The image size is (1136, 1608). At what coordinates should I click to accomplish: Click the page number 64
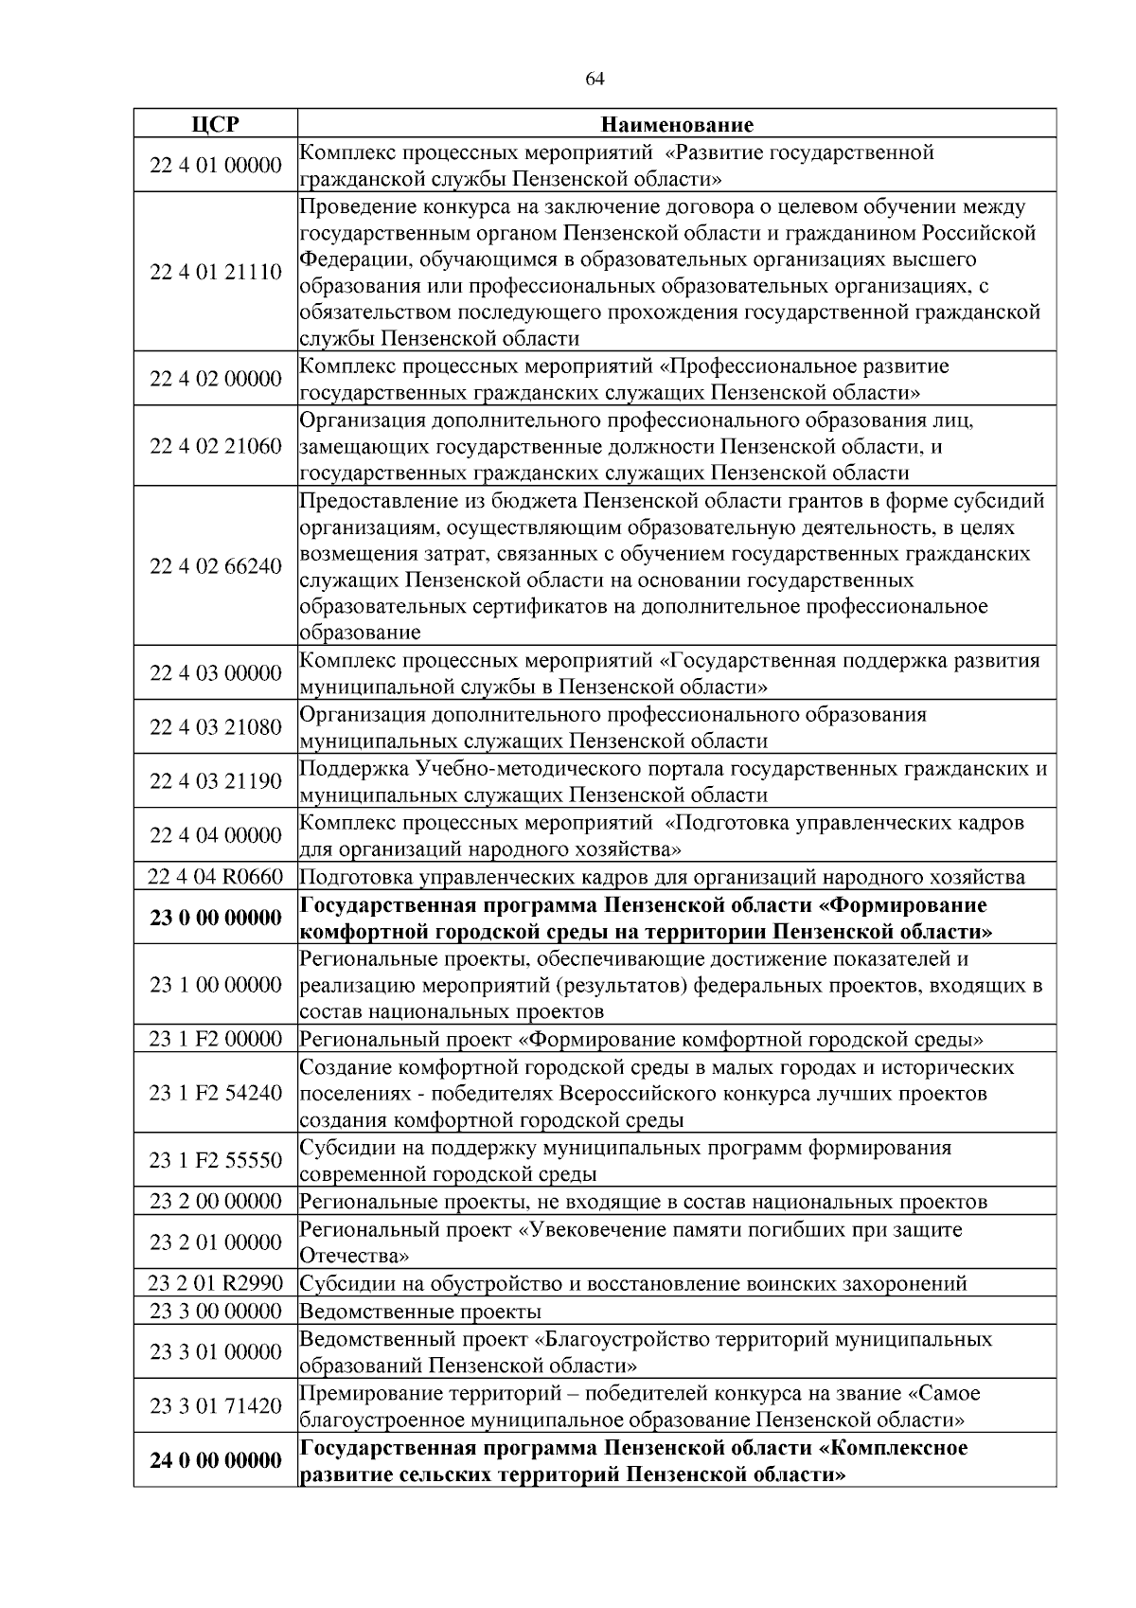[595, 80]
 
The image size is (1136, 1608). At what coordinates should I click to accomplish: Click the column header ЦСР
[215, 125]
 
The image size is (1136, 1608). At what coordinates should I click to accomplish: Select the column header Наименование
[677, 125]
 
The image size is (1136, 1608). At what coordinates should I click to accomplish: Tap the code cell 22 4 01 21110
[216, 273]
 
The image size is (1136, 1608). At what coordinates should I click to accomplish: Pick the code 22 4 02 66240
[216, 566]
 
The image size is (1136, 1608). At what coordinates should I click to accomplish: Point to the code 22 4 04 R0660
[216, 877]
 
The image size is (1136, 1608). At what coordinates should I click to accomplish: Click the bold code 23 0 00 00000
[216, 918]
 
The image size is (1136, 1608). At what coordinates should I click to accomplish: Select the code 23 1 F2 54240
[216, 1094]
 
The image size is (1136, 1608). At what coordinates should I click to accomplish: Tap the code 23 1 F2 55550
[216, 1161]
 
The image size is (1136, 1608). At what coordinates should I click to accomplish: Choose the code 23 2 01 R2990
[216, 1284]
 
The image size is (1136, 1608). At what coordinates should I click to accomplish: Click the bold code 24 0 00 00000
[216, 1461]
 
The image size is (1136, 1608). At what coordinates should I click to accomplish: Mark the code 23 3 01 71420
[216, 1406]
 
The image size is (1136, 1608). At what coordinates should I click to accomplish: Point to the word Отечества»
[355, 1257]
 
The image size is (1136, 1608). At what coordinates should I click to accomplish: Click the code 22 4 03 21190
[216, 781]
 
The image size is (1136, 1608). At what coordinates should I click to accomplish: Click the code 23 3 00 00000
[216, 1312]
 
